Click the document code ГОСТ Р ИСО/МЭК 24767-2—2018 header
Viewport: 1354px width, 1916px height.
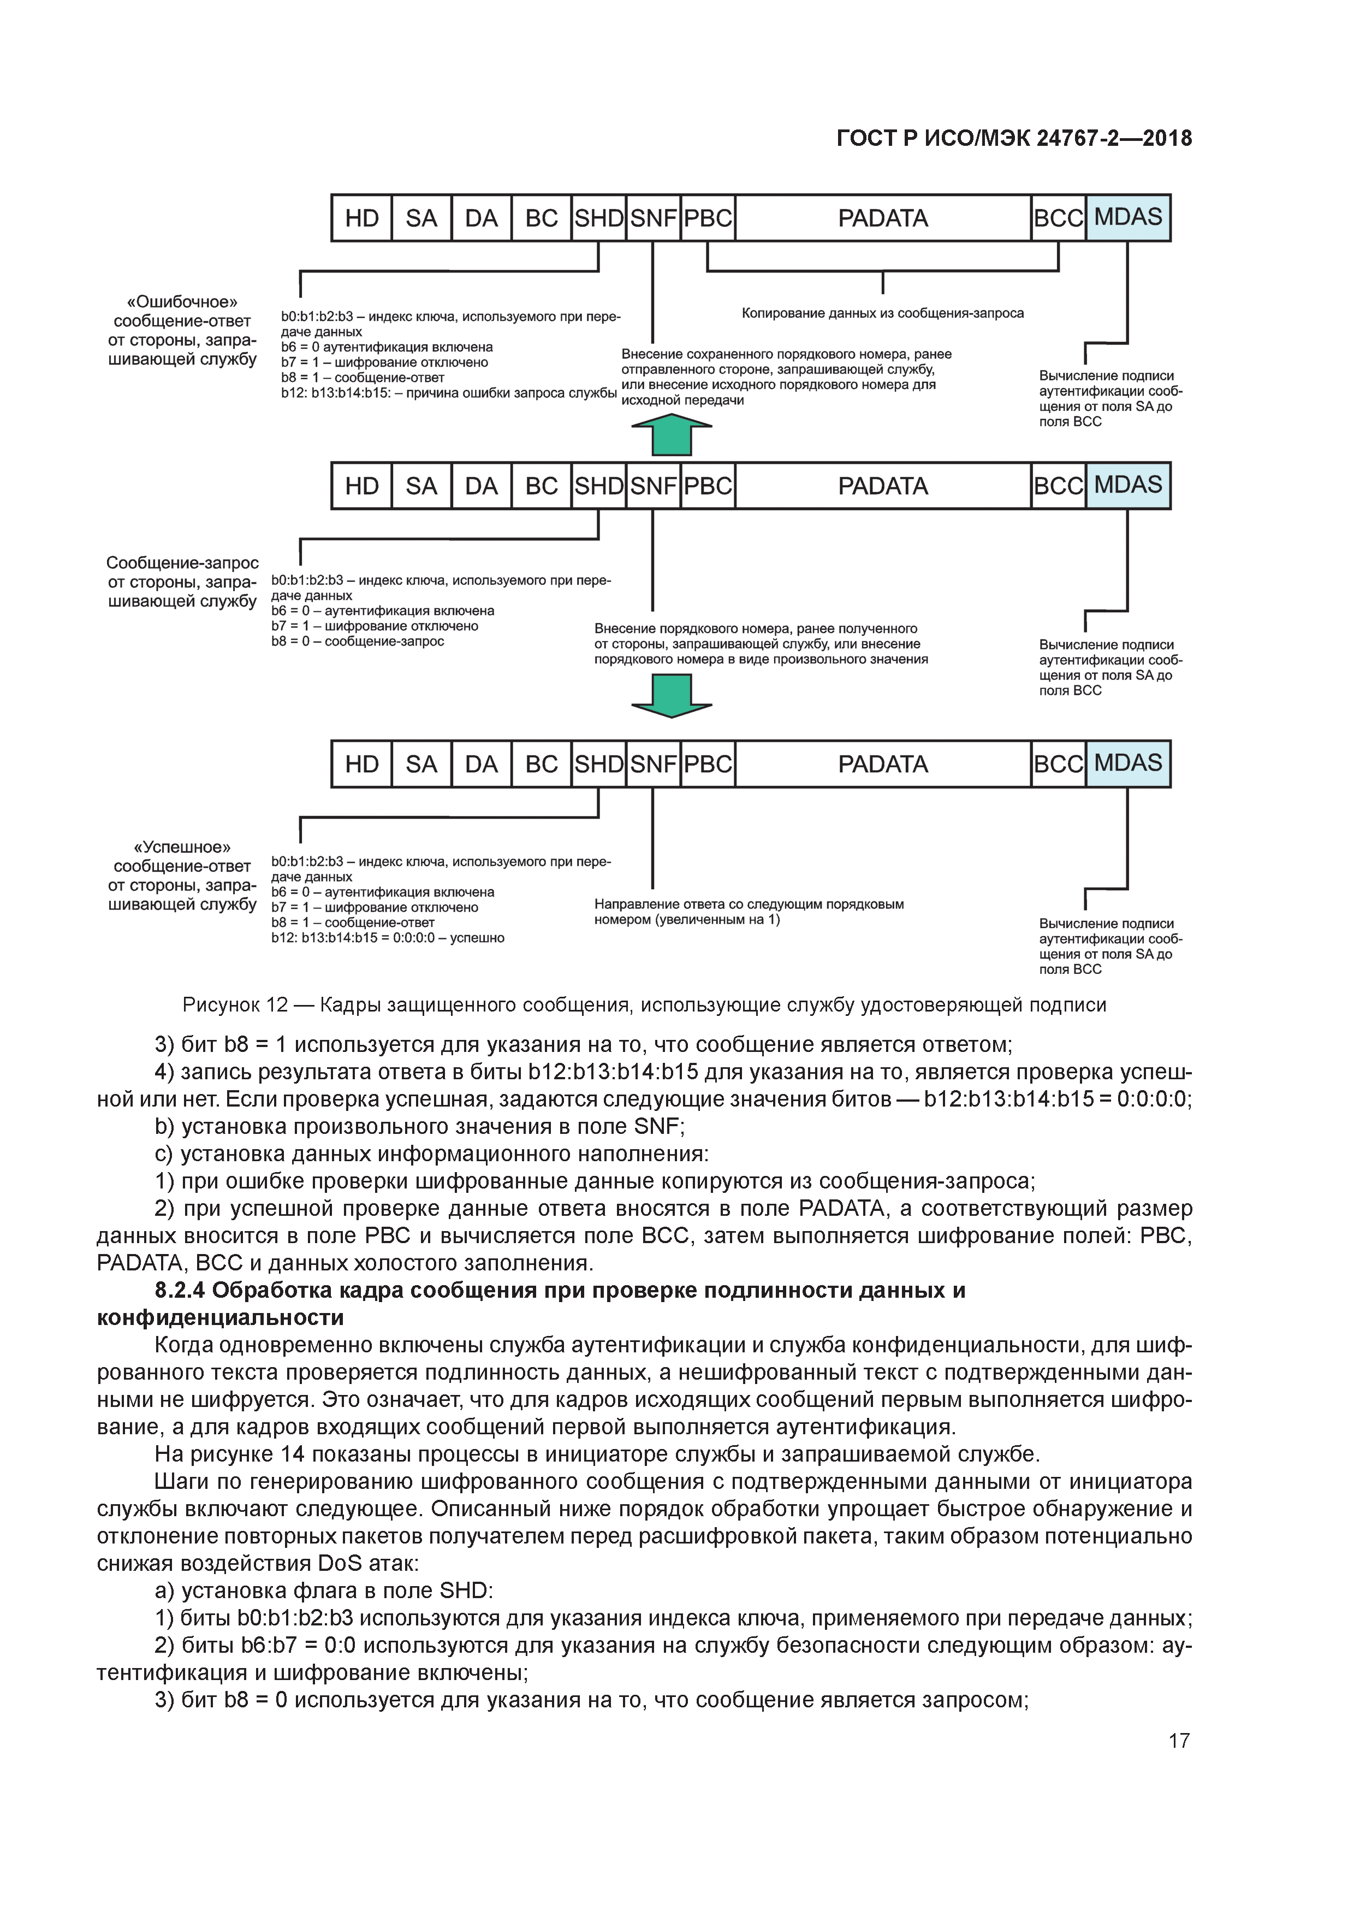pos(1014,139)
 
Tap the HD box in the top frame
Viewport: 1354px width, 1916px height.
pos(361,218)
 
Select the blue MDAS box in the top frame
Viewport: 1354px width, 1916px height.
pos(1128,218)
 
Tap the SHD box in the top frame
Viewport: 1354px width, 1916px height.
pos(598,218)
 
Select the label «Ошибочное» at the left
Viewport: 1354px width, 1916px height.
pos(182,302)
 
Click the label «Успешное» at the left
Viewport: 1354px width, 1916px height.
pos(182,848)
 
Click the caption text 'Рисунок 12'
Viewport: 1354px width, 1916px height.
pos(234,1005)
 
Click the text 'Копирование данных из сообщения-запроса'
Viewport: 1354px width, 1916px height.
pos(883,314)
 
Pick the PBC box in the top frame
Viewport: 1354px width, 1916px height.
pos(708,218)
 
